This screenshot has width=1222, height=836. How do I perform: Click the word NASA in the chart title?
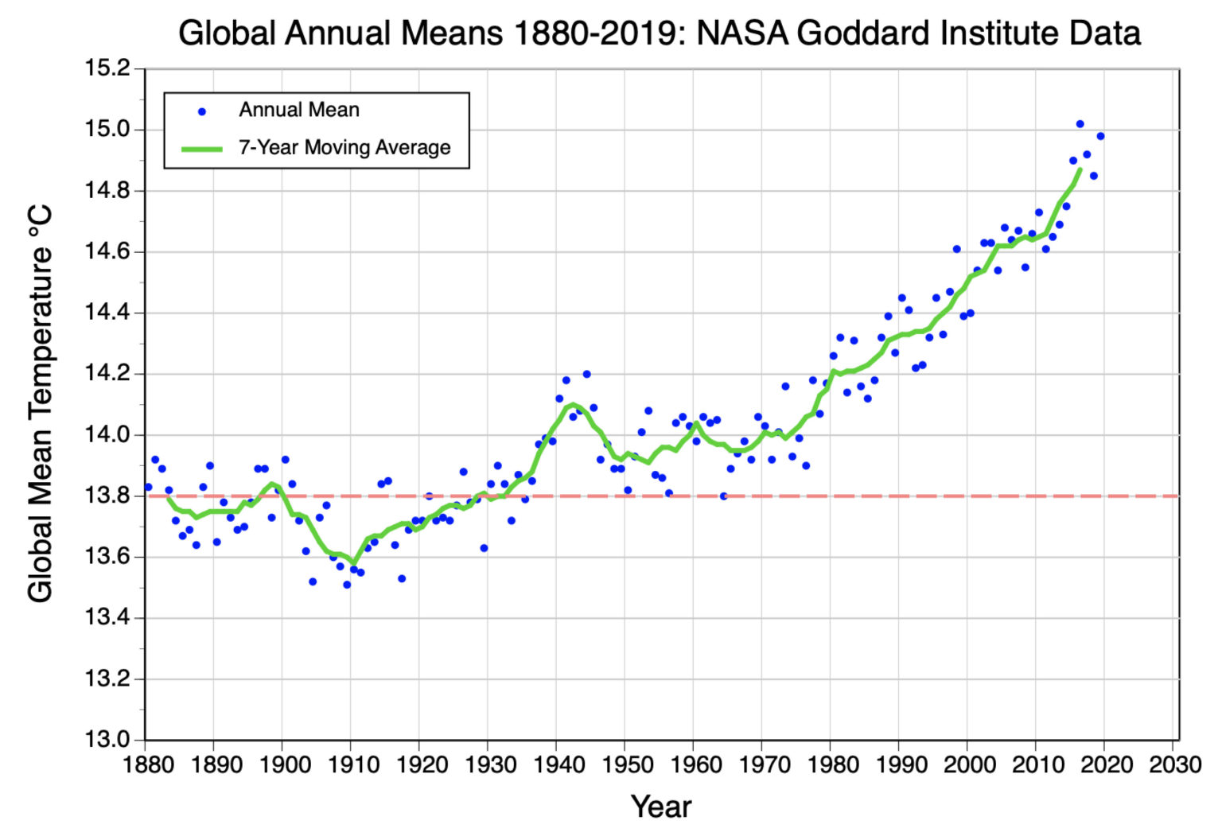click(x=745, y=33)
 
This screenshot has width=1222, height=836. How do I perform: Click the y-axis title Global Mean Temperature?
click(x=40, y=403)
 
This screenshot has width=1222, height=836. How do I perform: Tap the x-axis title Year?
click(x=661, y=806)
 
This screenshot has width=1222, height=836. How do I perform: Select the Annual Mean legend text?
click(x=299, y=110)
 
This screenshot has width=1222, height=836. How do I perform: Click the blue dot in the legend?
click(x=202, y=112)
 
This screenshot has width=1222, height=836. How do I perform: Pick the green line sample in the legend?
click(x=202, y=149)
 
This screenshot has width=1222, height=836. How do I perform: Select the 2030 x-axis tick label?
click(x=1173, y=765)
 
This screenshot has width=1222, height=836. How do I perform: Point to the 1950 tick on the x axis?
click(x=626, y=765)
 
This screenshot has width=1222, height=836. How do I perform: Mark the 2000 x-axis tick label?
click(x=968, y=765)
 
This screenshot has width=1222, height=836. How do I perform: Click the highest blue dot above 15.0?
click(x=1080, y=124)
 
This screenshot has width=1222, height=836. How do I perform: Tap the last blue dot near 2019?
click(x=1100, y=136)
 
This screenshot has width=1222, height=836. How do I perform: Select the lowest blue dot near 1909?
click(x=347, y=585)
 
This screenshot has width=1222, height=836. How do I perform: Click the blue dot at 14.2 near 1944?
click(x=586, y=374)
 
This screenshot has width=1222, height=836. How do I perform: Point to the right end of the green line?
click(x=1080, y=169)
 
